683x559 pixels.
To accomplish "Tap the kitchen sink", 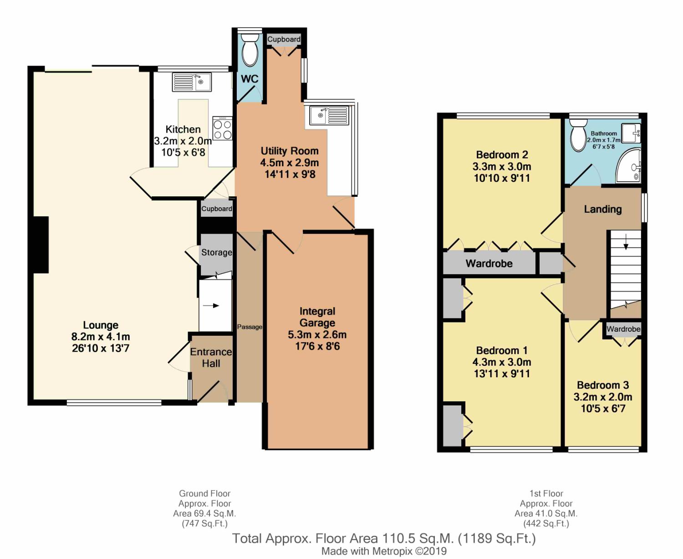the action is (192, 82).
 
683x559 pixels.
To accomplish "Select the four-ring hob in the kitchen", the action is (223, 128).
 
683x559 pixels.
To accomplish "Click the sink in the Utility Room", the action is (329, 115).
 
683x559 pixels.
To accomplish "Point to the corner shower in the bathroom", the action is (628, 165).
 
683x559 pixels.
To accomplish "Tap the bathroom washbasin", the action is (631, 133).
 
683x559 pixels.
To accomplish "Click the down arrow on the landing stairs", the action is (626, 241).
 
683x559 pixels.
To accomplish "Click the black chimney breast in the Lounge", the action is (41, 245).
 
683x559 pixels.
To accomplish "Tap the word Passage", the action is (250, 327).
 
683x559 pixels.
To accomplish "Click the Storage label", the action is (217, 252).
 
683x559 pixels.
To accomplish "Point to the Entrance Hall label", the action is (211, 358).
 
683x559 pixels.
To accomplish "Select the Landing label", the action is (603, 209).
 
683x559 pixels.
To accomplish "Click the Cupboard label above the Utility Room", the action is (284, 39).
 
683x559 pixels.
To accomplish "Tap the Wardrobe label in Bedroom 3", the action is (623, 329).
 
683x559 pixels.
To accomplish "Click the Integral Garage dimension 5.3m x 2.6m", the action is (317, 334).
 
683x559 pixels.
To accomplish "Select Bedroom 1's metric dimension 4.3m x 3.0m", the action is (502, 362).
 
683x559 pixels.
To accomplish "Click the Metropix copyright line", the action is (384, 551).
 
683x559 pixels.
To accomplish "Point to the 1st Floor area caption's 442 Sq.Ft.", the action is (546, 523).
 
